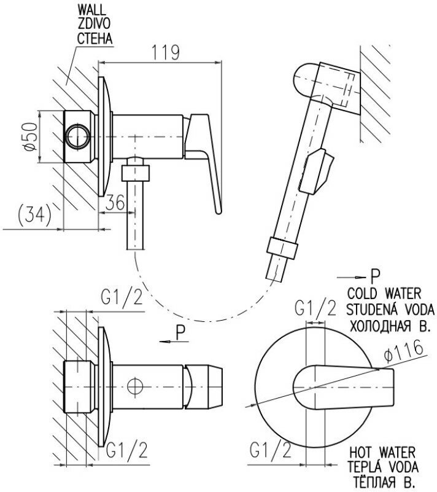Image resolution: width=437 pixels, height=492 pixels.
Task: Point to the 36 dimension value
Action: point(115,203)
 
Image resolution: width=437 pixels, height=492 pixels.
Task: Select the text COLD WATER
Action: point(385,292)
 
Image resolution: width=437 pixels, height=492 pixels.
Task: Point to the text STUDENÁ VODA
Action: point(385,308)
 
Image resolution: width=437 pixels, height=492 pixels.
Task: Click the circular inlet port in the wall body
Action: point(78,136)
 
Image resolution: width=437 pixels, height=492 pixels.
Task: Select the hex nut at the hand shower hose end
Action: point(280,249)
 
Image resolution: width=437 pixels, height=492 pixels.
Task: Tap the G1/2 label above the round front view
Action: point(315,308)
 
